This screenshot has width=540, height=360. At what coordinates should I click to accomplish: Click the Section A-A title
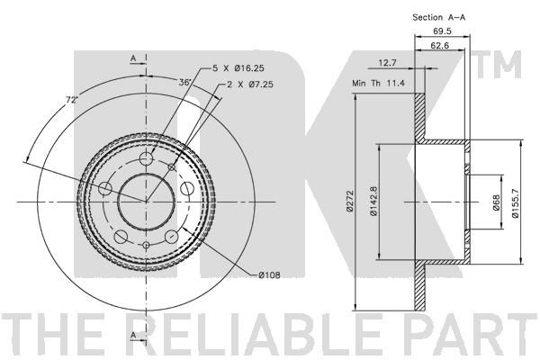[x=439, y=17]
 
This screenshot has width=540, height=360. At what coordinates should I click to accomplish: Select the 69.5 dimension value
[x=442, y=31]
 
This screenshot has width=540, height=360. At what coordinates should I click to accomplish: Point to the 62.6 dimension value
[x=440, y=45]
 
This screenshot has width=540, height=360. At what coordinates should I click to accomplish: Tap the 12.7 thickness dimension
[x=387, y=63]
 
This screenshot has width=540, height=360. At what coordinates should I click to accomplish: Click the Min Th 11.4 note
[x=378, y=83]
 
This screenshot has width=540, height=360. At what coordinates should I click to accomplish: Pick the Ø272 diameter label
[x=350, y=202]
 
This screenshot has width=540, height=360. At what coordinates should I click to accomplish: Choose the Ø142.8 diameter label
[x=374, y=202]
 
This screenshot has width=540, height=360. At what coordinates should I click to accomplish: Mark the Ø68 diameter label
[x=496, y=202]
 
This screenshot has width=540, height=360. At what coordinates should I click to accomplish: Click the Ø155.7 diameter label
[x=516, y=203]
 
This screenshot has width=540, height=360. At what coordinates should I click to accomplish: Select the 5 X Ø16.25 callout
[x=238, y=68]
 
